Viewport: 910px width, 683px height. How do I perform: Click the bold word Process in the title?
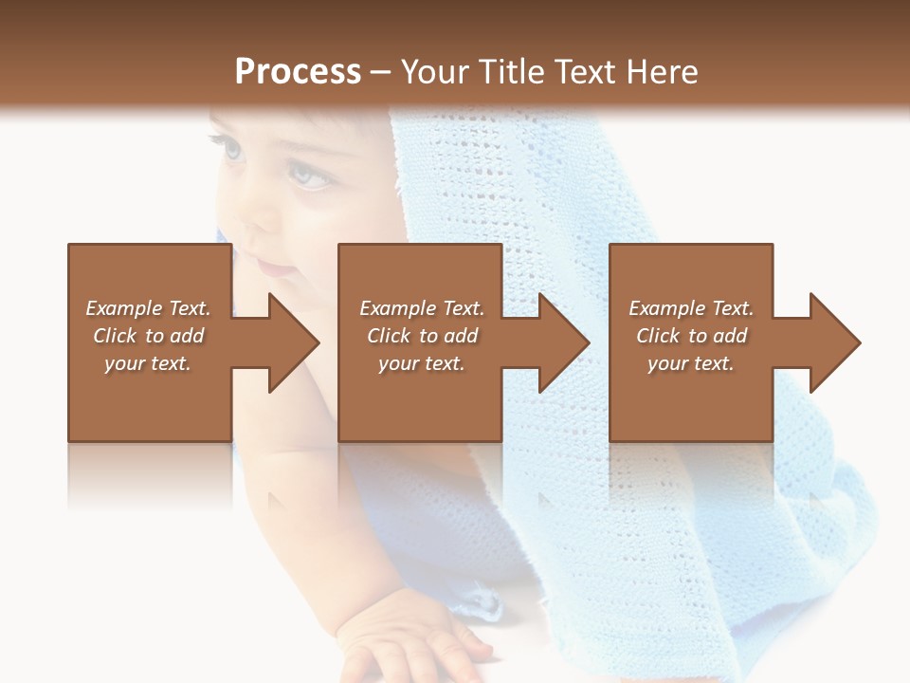(x=298, y=72)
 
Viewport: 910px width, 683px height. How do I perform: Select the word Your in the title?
(x=435, y=72)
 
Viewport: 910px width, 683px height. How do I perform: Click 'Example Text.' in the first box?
(x=148, y=308)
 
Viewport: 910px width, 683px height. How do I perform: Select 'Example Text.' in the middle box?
(x=422, y=308)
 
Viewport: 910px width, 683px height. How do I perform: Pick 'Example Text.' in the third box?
(x=691, y=308)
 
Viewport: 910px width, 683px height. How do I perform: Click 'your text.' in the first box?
(x=148, y=363)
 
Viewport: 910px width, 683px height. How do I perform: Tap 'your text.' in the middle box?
(x=422, y=363)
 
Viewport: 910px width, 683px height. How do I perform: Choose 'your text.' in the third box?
(x=691, y=363)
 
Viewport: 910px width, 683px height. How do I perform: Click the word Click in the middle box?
(x=389, y=336)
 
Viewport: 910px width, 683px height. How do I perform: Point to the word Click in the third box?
(x=658, y=336)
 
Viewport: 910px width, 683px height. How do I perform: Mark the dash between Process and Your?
(x=381, y=72)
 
